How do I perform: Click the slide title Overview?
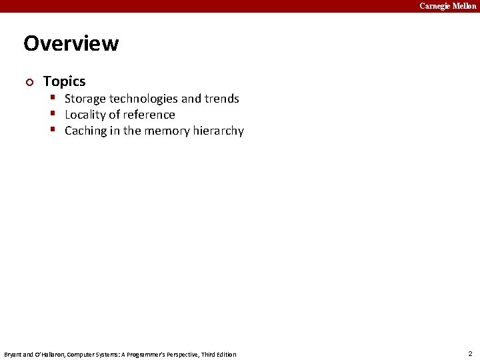click(x=71, y=43)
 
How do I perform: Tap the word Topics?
click(x=64, y=81)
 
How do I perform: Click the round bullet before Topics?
click(x=27, y=82)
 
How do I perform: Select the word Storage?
click(x=85, y=99)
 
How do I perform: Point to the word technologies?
click(x=143, y=99)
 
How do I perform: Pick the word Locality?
click(x=86, y=115)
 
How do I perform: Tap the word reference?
click(x=149, y=115)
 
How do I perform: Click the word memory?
click(x=167, y=131)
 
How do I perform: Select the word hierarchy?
click(x=219, y=131)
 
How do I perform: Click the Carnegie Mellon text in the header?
click(x=447, y=6)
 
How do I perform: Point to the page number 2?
click(x=470, y=353)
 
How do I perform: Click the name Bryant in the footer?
click(x=13, y=354)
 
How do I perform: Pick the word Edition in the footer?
click(x=225, y=354)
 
